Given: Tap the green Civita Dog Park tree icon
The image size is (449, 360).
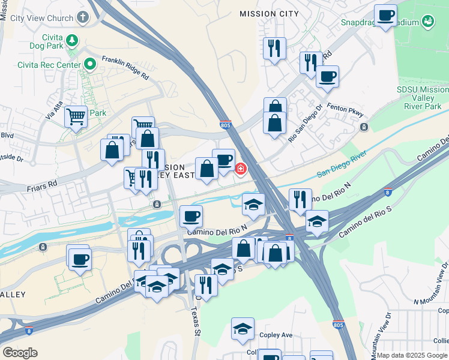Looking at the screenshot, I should tap(73, 41).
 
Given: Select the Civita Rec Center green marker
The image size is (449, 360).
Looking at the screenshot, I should tap(91, 63).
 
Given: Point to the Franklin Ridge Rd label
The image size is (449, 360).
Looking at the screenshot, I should tap(125, 68).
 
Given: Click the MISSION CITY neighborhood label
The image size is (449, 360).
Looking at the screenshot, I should tap(268, 13).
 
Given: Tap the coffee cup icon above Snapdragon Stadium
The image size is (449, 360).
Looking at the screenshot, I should tap(385, 15).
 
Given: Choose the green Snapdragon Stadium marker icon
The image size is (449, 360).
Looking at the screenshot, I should tap(428, 22).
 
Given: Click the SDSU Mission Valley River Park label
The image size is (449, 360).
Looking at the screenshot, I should tap(423, 98).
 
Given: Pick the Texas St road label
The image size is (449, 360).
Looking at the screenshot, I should tap(194, 322).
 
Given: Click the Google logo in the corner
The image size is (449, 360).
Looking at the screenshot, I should tap(20, 353).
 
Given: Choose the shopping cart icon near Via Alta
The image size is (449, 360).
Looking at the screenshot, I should tap(76, 116).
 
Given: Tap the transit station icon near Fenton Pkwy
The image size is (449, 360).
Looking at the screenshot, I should tap(364, 127).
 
